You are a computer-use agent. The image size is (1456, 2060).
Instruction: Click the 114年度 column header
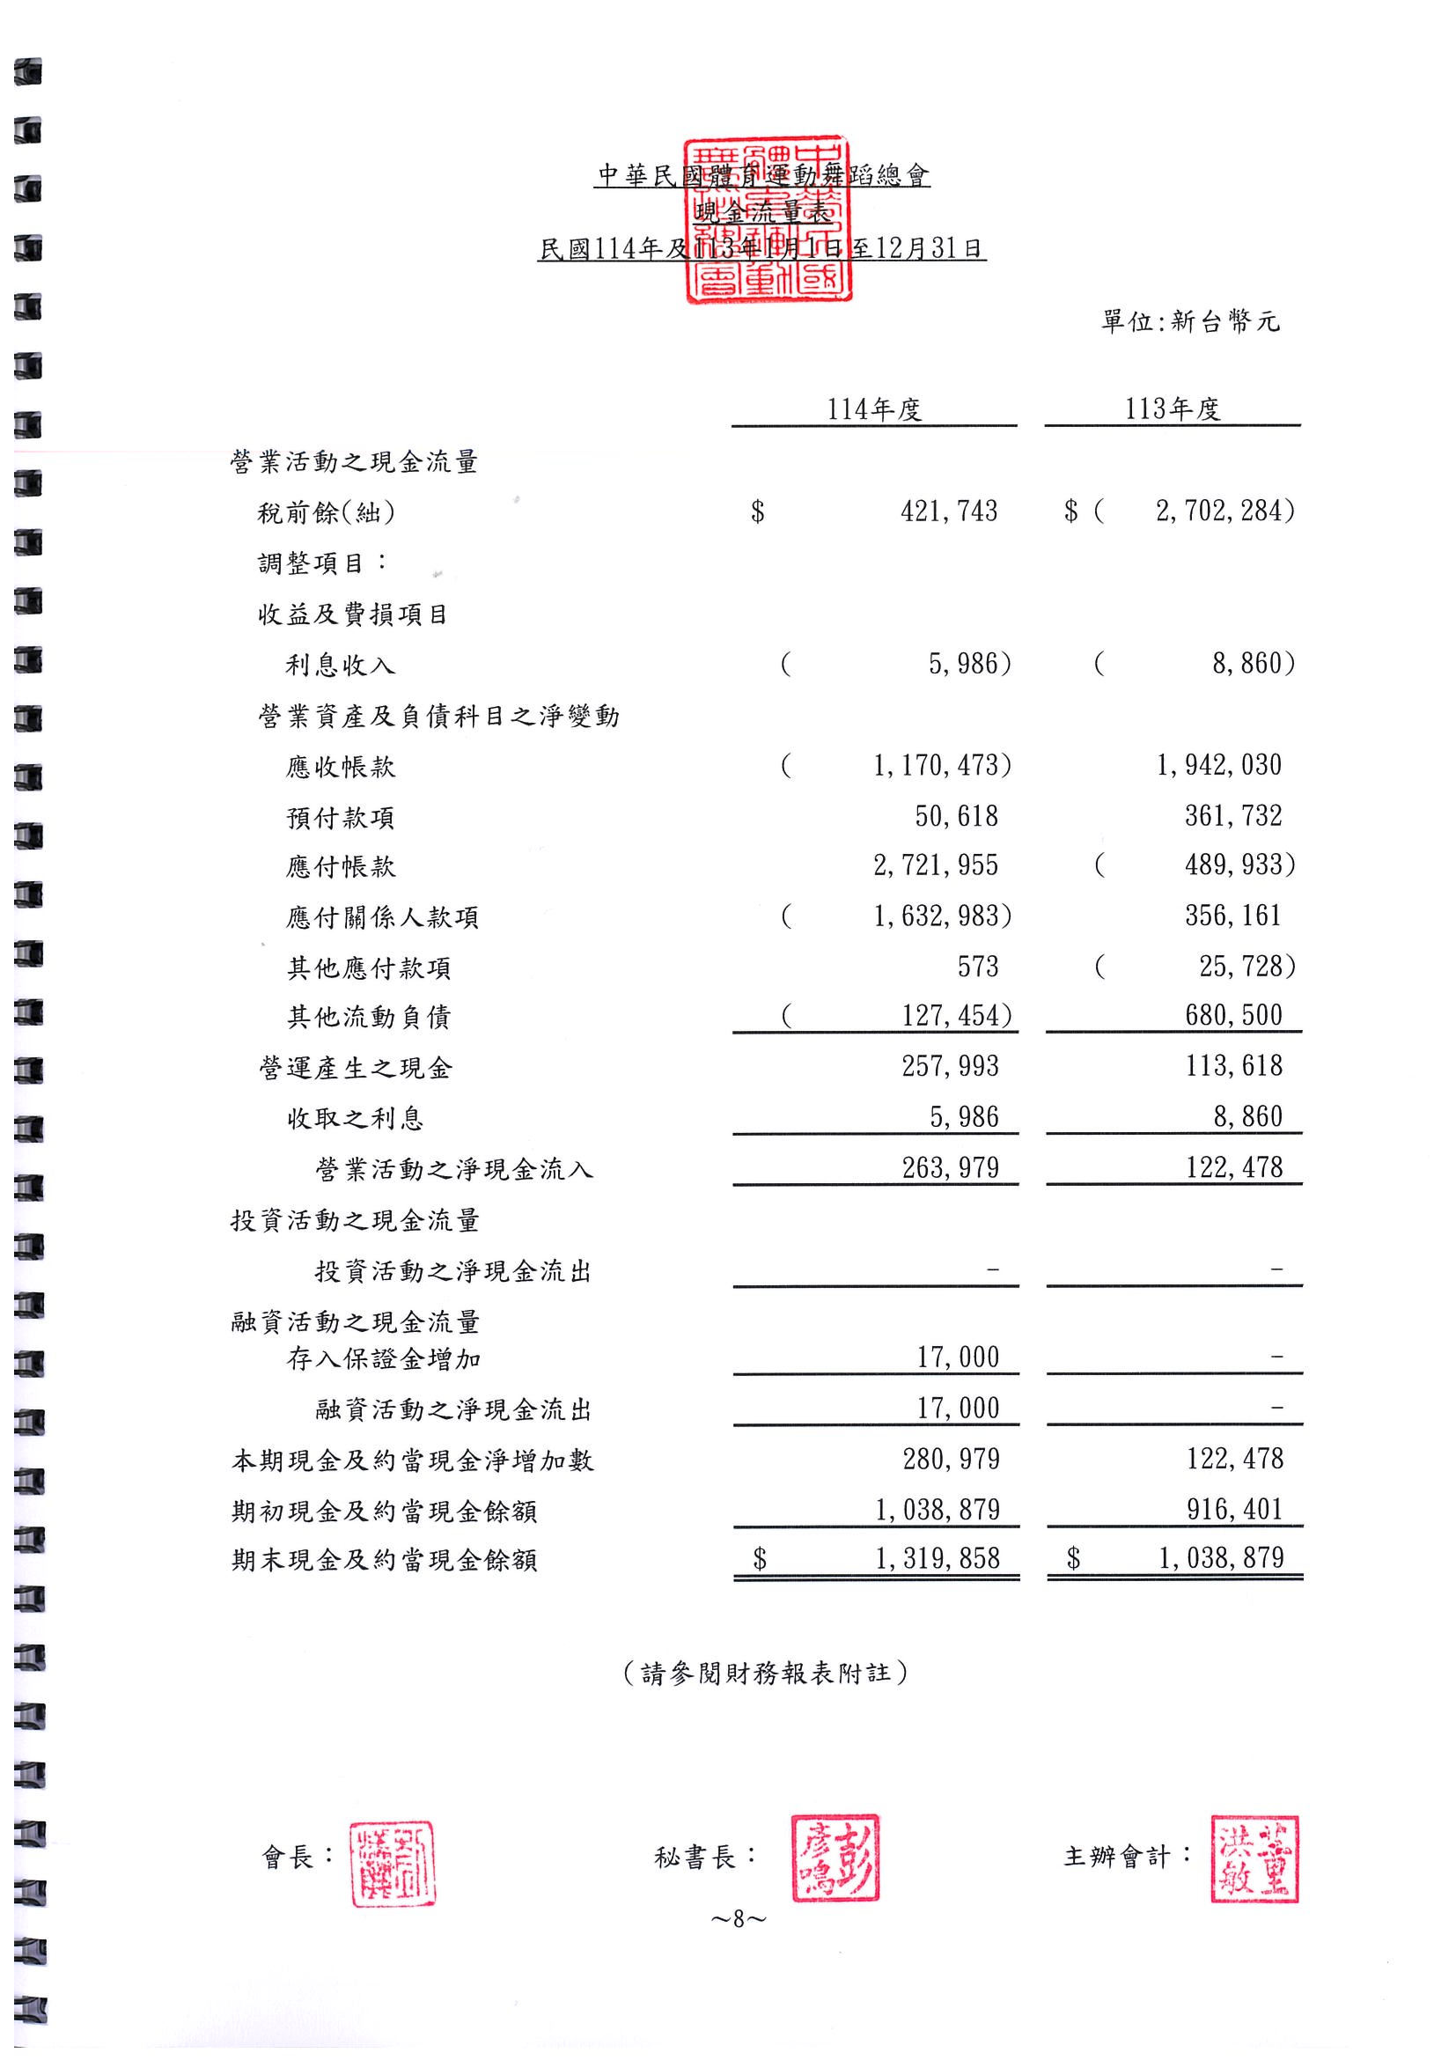874,409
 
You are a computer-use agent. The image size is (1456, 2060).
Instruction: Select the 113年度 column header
1173,409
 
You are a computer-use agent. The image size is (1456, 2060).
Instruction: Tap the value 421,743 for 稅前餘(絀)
948,511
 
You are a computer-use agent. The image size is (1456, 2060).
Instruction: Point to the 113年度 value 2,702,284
1224,511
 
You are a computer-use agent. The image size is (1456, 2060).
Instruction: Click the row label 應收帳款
341,767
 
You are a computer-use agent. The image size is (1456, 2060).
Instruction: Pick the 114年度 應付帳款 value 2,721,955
936,865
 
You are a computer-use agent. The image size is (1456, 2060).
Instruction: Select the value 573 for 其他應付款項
977,967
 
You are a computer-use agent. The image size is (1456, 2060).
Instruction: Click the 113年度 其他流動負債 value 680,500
1233,1016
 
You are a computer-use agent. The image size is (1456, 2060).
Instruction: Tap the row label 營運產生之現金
356,1068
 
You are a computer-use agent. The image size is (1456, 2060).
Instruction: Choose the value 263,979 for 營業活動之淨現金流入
950,1167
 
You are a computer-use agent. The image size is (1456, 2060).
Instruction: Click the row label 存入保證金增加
384,1359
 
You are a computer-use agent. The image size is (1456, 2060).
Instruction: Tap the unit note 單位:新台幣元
1190,321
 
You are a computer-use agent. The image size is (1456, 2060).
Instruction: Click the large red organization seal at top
766,221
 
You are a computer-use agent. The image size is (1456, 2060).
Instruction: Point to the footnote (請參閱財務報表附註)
765,1673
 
